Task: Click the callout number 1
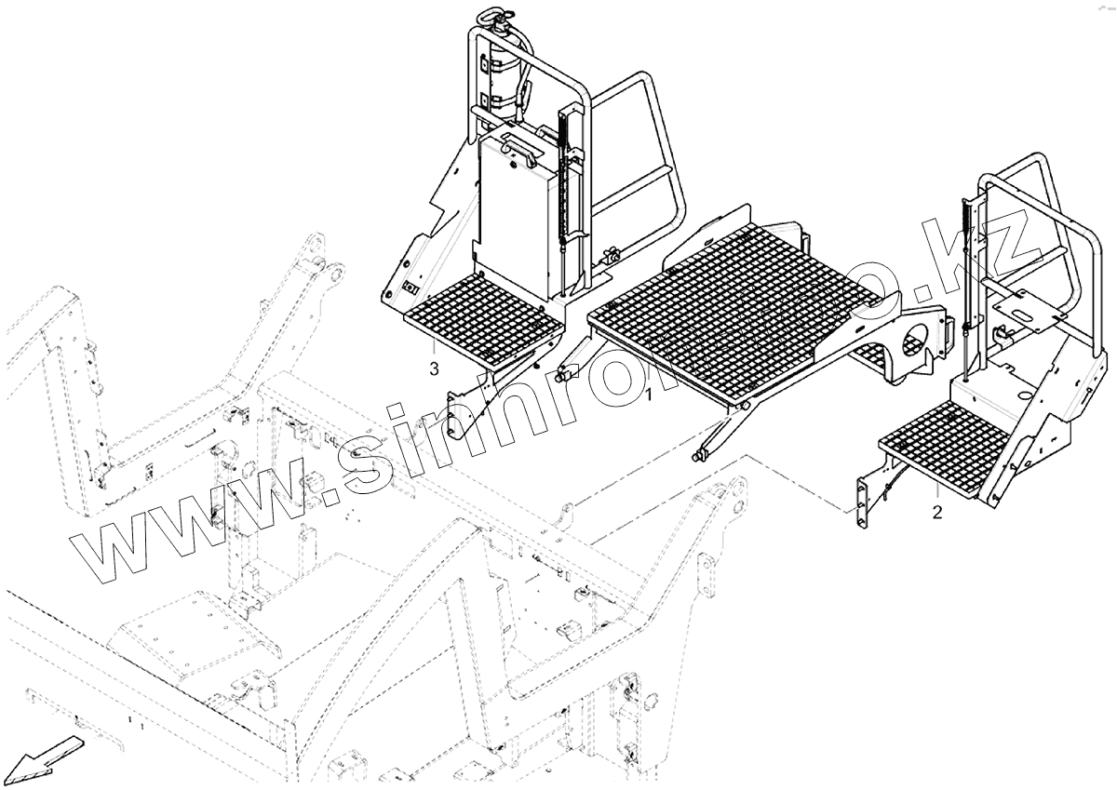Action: point(649,395)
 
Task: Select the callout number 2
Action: point(936,512)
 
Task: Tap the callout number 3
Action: point(434,369)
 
